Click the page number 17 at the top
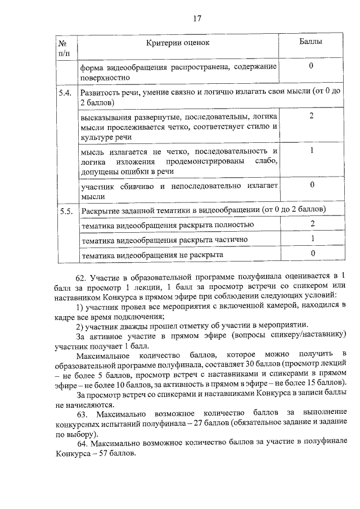coord(197,18)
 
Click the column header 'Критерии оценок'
coord(178,43)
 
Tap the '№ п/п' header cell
coord(64,47)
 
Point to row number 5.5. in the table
coord(65,211)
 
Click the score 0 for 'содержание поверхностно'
coord(311,66)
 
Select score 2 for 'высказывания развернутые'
coord(311,116)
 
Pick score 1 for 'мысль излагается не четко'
coord(311,150)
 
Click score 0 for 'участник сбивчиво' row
coord(311,184)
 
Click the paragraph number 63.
coord(80,415)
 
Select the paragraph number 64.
coord(80,444)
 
